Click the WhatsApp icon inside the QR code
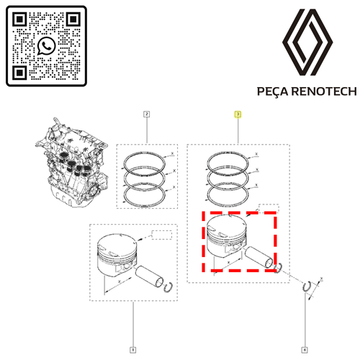[x=46, y=46]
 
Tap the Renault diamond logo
[x=307, y=42]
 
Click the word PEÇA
[x=274, y=91]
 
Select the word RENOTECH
[x=324, y=91]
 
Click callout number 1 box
[x=132, y=350]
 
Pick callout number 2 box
[x=146, y=114]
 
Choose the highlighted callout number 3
[x=238, y=114]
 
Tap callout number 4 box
[x=305, y=350]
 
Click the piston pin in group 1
[x=149, y=276]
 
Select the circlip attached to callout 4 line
[x=307, y=287]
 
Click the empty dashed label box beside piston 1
[x=162, y=235]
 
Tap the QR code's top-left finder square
[x=19, y=19]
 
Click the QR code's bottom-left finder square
[x=19, y=73]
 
